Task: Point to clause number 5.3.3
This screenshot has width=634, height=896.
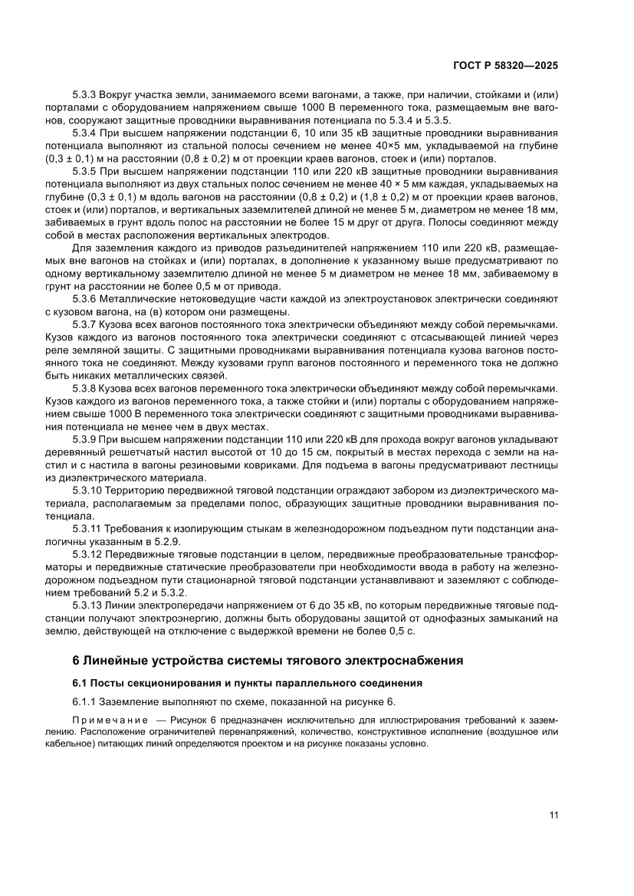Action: pos(84,96)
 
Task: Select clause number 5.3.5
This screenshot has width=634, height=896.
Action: pos(84,171)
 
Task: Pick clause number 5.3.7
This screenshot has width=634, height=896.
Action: pos(84,325)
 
